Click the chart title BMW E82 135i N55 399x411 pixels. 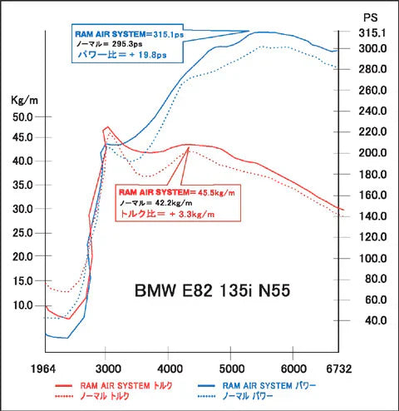pyautogui.click(x=212, y=292)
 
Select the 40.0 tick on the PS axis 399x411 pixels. pyautogui.click(x=373, y=320)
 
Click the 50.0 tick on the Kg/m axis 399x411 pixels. pyautogui.click(x=22, y=116)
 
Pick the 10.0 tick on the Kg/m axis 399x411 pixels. pyautogui.click(x=22, y=305)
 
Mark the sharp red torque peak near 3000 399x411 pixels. pyautogui.click(x=106, y=128)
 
